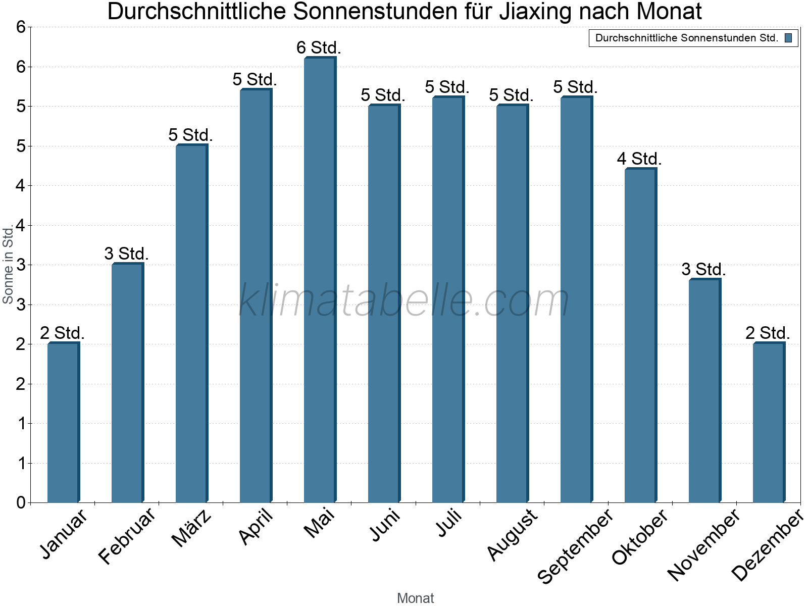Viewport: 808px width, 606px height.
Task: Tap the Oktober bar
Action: click(640, 336)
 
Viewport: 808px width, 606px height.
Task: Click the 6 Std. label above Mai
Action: click(319, 48)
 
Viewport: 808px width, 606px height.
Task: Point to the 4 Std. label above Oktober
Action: click(639, 159)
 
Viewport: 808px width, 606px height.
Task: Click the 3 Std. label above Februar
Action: click(126, 254)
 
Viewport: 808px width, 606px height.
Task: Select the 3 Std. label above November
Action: click(703, 270)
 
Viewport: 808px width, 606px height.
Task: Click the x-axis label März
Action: click(191, 528)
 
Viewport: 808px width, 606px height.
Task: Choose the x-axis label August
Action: click(512, 534)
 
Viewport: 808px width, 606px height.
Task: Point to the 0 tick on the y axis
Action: click(21, 502)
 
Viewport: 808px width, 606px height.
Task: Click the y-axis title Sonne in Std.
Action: click(8, 265)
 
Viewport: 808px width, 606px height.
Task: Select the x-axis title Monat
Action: click(415, 598)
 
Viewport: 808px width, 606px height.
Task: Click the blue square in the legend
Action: click(788, 38)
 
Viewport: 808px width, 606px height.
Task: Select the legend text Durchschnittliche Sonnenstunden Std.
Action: click(686, 38)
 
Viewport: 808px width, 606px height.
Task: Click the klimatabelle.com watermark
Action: click(404, 300)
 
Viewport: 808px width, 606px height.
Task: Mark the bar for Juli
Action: click(448, 300)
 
